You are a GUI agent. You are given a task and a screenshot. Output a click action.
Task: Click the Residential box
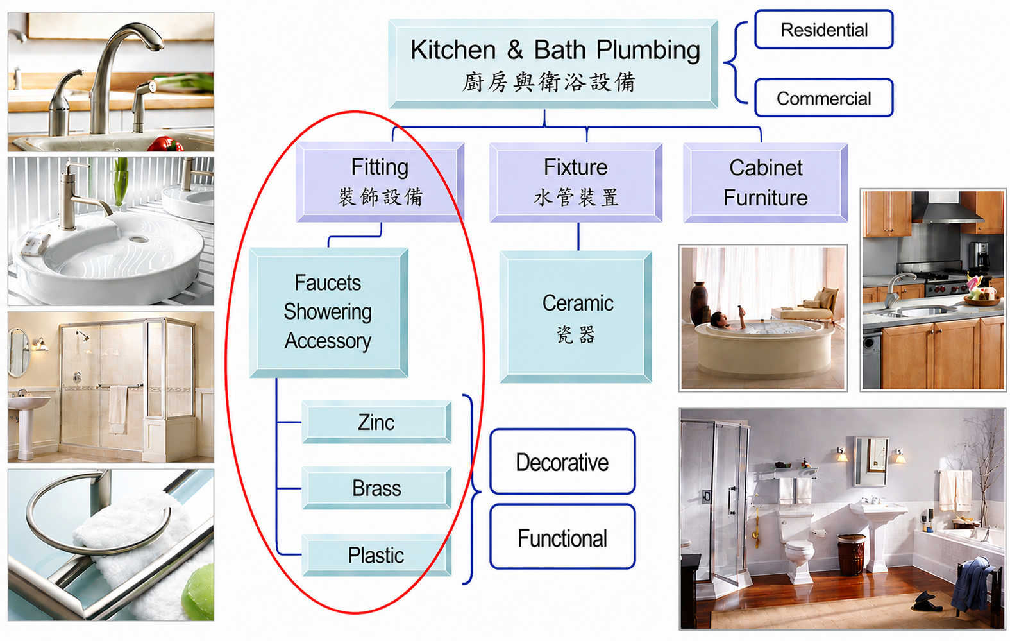pos(824,30)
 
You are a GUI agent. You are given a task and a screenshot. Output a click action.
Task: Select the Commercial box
pos(824,98)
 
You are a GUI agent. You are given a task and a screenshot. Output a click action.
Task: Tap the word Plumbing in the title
pos(648,51)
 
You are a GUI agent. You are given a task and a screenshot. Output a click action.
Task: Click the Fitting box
pos(380,182)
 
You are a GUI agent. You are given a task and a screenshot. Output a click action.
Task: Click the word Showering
pos(328,312)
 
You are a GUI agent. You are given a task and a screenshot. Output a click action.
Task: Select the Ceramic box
pos(576,317)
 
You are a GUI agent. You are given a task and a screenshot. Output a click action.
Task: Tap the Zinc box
pos(376,422)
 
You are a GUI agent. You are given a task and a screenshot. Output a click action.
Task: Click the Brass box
pos(376,488)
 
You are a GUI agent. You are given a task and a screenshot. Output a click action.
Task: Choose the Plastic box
pos(376,555)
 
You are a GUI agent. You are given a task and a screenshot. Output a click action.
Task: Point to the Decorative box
pos(563,461)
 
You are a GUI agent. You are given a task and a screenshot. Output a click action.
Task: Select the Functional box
pos(563,537)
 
